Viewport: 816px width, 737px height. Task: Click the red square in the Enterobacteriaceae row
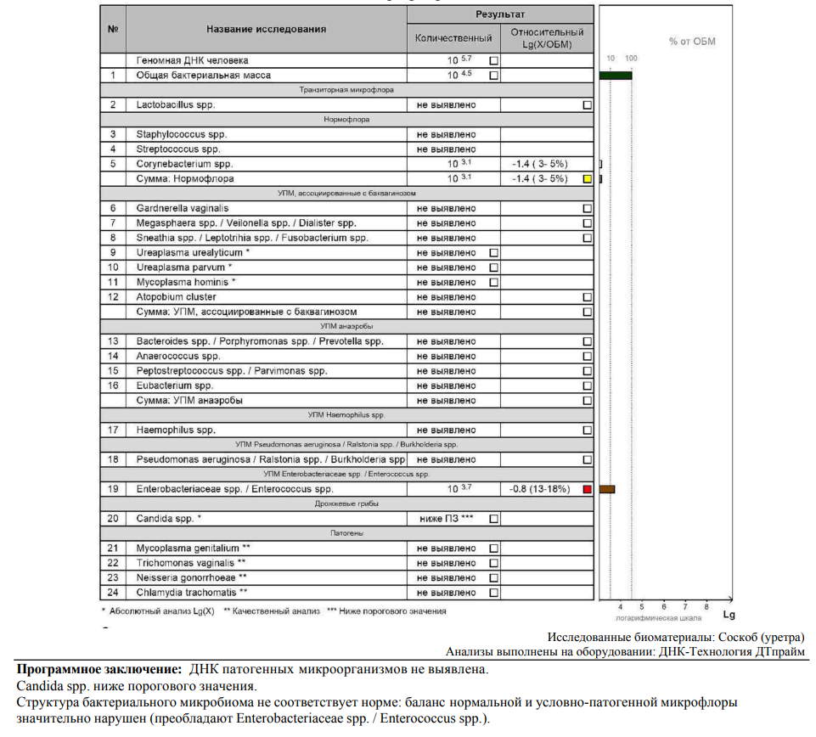coord(587,489)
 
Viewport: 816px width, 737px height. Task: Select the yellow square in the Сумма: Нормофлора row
coord(587,179)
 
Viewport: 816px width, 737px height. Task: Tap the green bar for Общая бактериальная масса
coord(615,76)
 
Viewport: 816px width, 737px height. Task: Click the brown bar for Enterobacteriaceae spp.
coord(606,489)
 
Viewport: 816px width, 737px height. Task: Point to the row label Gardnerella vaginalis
coord(182,208)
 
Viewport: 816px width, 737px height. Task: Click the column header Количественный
coord(453,38)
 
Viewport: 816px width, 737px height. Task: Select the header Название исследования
coord(266,29)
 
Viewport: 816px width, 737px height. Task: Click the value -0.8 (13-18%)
coord(539,489)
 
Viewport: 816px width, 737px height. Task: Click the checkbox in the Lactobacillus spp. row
coord(587,105)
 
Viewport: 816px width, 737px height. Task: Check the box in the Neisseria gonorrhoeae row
coord(494,577)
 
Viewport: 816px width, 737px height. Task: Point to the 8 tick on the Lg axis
coord(706,607)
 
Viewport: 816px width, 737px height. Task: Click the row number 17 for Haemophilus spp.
coord(113,430)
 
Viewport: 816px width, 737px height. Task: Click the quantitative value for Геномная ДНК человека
coord(459,60)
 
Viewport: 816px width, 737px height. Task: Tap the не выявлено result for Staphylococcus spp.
coord(446,134)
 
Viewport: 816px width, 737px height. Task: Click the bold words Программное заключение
coord(99,669)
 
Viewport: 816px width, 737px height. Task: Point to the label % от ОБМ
coord(692,42)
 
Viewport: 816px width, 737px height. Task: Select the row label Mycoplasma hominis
coord(185,282)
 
